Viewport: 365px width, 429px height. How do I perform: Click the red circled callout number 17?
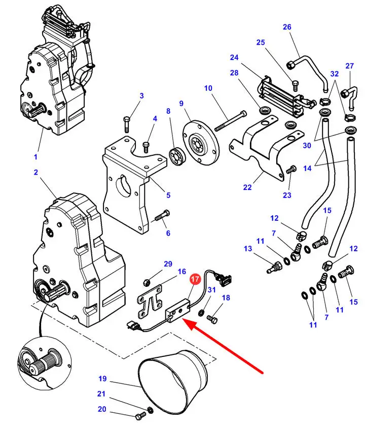pos(195,279)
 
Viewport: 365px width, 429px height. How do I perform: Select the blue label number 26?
pos(287,27)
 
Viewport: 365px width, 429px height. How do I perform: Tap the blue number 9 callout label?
pos(181,104)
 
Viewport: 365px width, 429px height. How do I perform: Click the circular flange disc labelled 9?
pos(201,142)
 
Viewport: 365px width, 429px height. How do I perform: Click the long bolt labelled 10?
pos(231,120)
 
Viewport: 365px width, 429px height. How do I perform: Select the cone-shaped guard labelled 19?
pos(173,379)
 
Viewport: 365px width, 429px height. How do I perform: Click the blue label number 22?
pos(247,187)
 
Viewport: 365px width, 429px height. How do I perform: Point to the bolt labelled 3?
pos(127,124)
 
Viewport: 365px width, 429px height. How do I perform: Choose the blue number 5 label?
pos(168,195)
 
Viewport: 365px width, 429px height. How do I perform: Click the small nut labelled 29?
pos(146,282)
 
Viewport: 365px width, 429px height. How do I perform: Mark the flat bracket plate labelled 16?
pos(150,302)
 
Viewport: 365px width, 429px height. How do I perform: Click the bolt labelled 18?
pos(212,318)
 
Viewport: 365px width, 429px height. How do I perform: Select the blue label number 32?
pos(335,74)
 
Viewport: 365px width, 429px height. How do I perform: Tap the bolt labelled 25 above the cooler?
pos(295,86)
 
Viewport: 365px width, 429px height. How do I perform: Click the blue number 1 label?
pos(35,157)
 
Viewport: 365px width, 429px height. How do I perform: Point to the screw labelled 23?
pos(291,170)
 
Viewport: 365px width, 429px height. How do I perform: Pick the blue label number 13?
pos(248,248)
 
